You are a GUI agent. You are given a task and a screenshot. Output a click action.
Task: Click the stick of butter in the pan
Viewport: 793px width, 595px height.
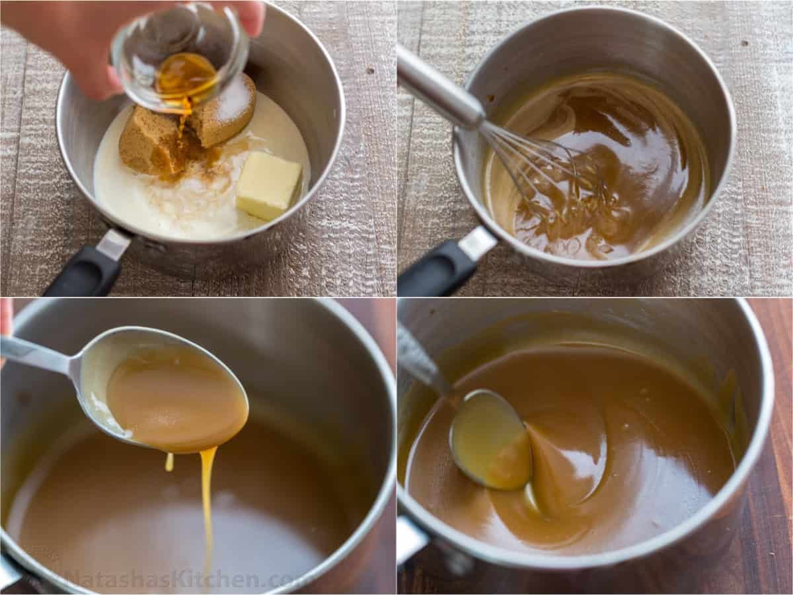point(268,184)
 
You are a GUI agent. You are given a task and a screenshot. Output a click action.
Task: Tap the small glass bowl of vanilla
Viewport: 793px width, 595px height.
point(180,58)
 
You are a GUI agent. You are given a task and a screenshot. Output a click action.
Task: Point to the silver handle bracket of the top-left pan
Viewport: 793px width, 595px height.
point(114,244)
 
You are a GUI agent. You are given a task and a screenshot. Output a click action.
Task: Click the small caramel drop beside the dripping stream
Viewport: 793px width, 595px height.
point(169,462)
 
